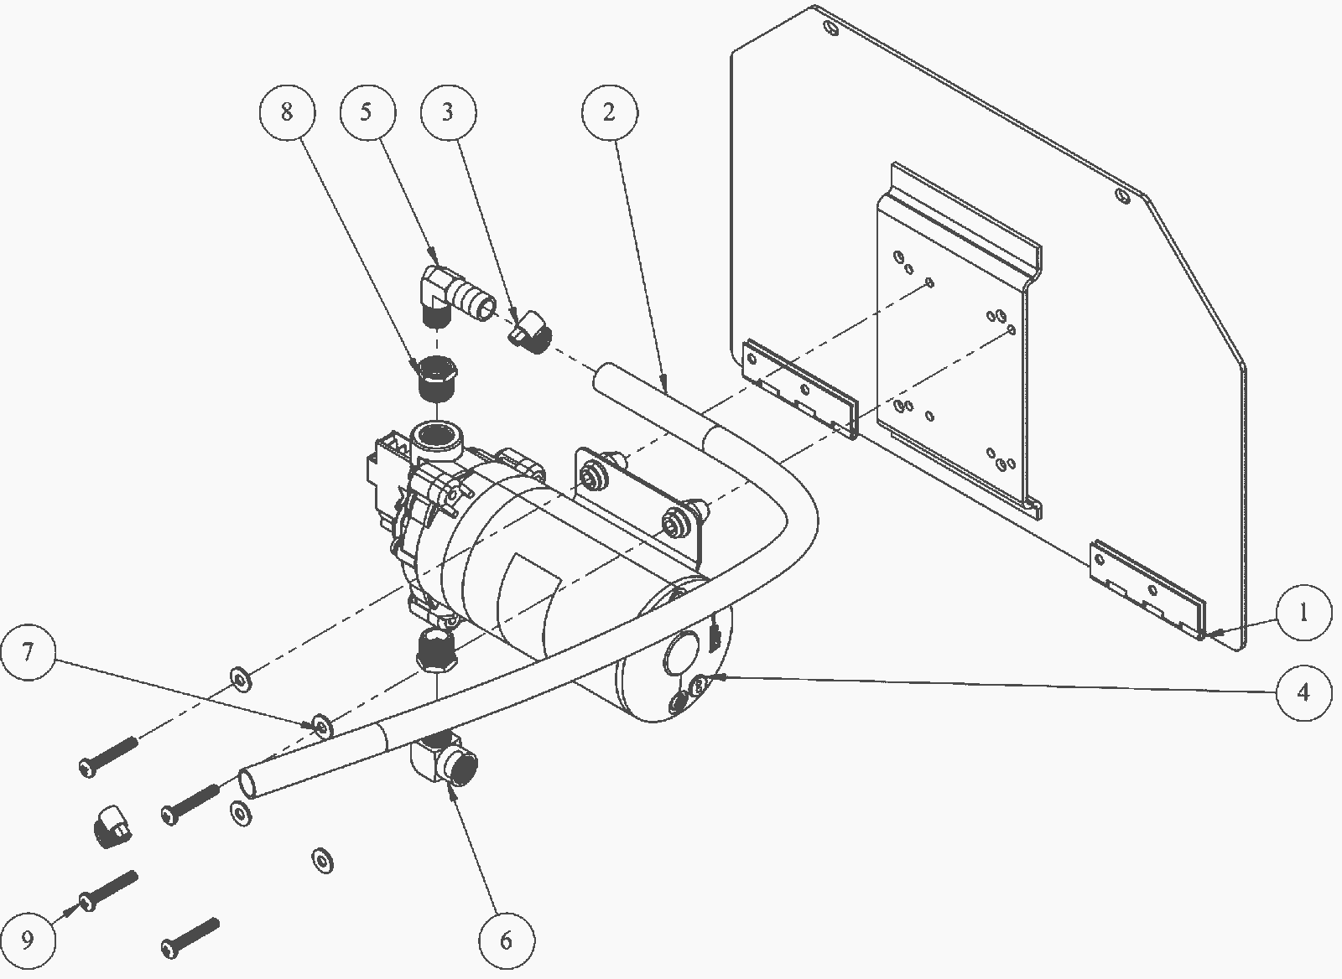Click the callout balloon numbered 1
point(1303,613)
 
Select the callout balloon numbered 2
point(609,112)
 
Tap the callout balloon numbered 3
point(449,112)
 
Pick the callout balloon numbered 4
point(1304,693)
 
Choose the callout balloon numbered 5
point(367,112)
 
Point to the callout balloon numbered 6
point(507,940)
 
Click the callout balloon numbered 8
point(287,112)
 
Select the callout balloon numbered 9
point(29,940)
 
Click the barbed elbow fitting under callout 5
point(455,297)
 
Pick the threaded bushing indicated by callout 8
point(437,379)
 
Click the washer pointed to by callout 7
point(323,727)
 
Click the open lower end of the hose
point(247,784)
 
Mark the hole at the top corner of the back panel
point(831,28)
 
